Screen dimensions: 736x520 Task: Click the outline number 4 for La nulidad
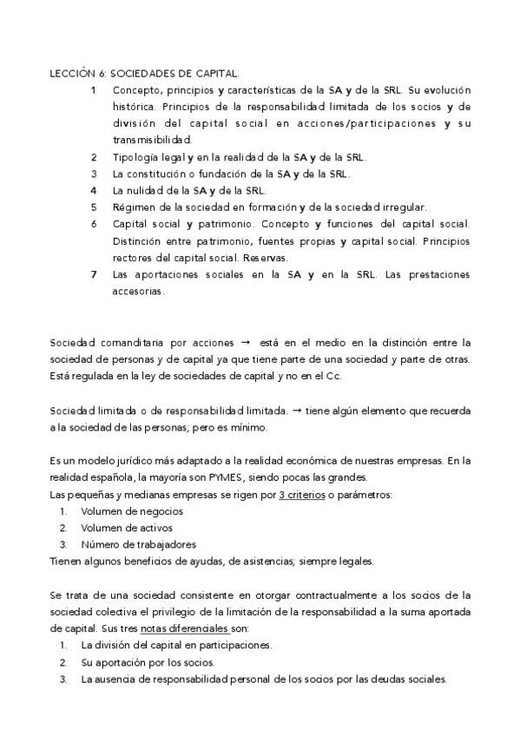point(94,190)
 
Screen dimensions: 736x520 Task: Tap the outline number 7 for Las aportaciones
point(94,274)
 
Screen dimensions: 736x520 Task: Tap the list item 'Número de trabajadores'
point(138,544)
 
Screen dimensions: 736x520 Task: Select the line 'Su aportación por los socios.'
point(148,662)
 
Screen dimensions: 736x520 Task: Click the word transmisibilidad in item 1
point(153,140)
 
